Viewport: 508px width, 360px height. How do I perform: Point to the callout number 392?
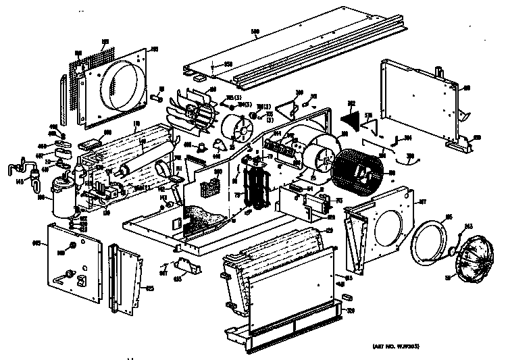tap(350, 103)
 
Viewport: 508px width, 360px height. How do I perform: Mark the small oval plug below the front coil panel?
tap(346, 296)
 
